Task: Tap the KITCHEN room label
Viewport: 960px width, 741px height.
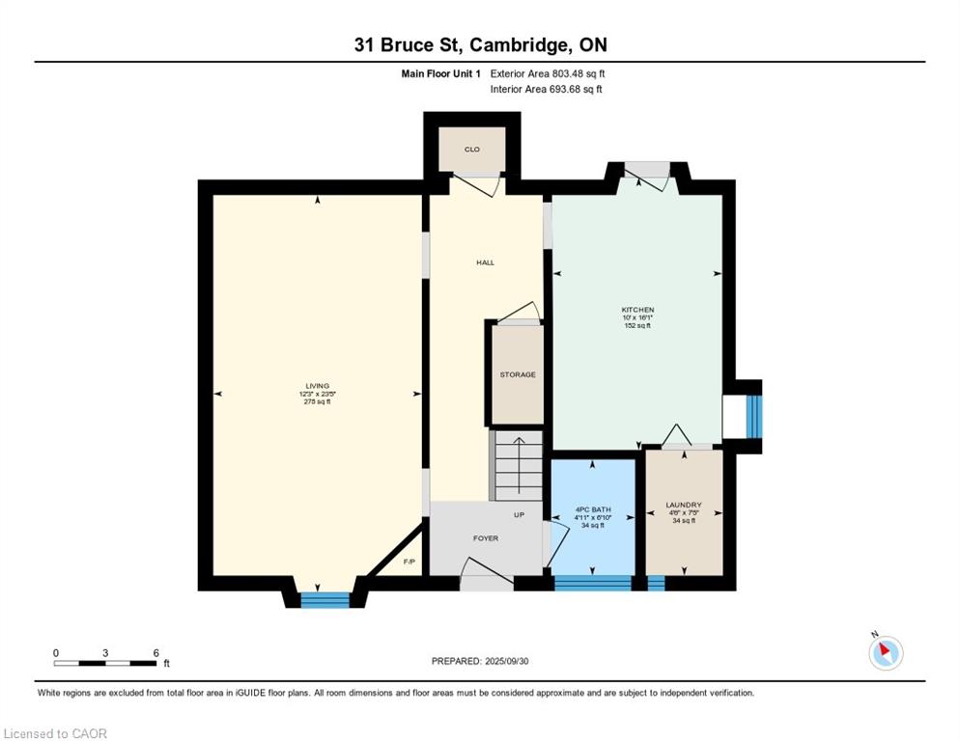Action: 637,311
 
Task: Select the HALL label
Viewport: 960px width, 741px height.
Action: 485,262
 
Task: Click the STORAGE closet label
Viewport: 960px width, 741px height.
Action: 517,374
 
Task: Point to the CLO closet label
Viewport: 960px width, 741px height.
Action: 472,150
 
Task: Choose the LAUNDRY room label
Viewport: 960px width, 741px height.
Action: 683,506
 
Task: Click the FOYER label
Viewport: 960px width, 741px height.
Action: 486,538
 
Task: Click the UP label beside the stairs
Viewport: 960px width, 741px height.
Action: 519,515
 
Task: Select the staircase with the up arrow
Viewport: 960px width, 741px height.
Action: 518,465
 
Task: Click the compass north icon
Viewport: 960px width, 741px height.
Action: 885,652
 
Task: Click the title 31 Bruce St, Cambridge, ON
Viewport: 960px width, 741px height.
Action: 479,44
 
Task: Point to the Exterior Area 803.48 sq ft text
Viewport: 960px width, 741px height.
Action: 548,73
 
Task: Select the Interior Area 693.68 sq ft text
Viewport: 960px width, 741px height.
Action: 546,89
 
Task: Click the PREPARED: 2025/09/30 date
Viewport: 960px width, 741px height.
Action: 479,661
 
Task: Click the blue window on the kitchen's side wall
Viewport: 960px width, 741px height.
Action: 753,417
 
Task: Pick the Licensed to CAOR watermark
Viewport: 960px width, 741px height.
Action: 55,733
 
